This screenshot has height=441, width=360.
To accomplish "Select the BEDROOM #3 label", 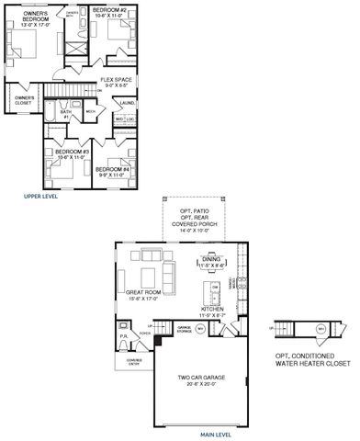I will pos(70,153).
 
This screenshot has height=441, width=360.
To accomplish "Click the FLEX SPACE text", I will pos(115,82).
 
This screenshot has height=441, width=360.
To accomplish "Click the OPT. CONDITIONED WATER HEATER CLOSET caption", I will pos(312,359).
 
